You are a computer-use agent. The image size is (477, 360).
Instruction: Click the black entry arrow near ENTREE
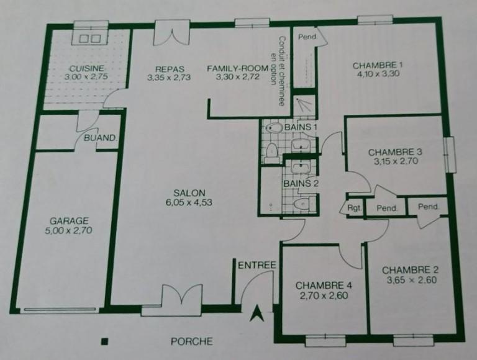(x=255, y=315)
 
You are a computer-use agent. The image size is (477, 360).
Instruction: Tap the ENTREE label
(x=257, y=265)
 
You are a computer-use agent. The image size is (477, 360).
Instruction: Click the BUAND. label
(x=100, y=138)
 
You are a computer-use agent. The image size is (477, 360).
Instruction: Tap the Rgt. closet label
(x=355, y=207)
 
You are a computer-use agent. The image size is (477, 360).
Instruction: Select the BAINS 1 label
(x=301, y=127)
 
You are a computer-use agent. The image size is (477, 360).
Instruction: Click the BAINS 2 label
(x=301, y=183)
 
